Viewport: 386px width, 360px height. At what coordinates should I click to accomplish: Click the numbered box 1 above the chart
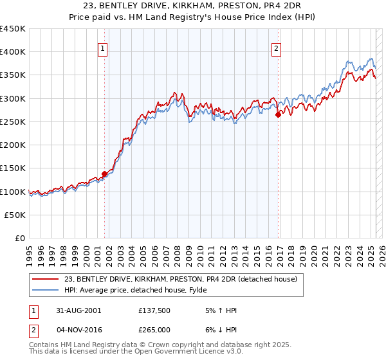coord(104,47)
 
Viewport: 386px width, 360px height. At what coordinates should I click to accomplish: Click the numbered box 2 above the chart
coord(276,47)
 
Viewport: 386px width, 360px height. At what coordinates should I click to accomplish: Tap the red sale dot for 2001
coord(104,174)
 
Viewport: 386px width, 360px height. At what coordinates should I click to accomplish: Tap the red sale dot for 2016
coord(278,115)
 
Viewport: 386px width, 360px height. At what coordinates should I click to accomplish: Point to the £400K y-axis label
coord(13,52)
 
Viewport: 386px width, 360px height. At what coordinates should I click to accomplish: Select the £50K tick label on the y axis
coord(15,215)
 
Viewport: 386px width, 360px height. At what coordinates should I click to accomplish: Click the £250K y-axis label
coord(13,122)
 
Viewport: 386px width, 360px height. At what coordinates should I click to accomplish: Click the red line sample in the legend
coord(46,279)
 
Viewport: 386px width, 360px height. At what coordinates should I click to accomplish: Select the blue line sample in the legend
coord(46,290)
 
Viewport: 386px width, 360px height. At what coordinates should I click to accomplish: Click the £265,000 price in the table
coord(154,330)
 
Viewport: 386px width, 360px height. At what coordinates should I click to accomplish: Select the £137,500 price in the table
coord(154,310)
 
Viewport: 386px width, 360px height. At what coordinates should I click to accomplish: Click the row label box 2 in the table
coord(33,330)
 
